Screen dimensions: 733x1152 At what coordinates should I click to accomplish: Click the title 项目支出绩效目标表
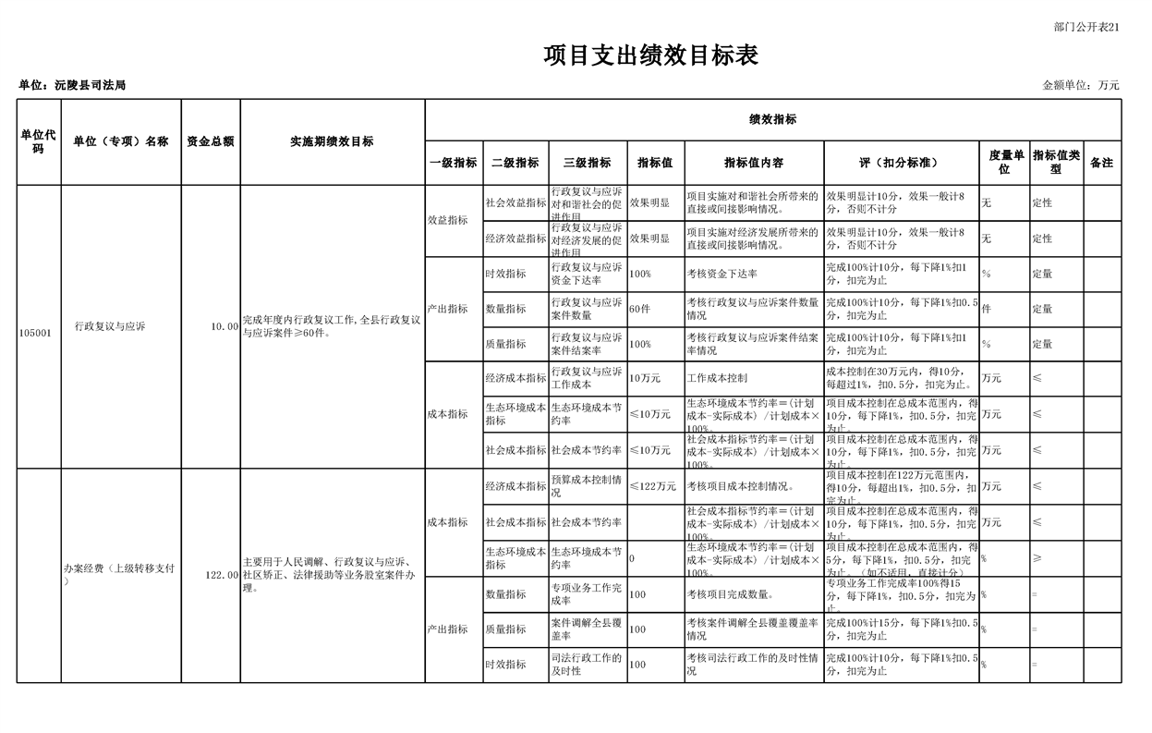point(651,56)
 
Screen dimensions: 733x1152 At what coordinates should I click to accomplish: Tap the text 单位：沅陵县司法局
point(72,85)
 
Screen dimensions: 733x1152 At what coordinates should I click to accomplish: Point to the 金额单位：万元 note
point(1081,85)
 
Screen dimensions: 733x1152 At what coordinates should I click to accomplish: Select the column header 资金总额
point(210,141)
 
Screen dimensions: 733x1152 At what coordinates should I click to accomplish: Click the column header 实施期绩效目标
point(332,141)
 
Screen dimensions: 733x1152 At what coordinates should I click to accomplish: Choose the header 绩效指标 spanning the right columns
point(772,119)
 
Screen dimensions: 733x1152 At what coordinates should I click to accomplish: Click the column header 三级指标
point(588,163)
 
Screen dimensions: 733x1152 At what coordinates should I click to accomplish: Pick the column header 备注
point(1101,163)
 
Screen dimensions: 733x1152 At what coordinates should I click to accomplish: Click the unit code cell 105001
point(36,327)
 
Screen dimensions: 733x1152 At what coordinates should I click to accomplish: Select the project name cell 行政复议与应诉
point(110,326)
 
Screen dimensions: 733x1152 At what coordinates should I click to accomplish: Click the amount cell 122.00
point(222,575)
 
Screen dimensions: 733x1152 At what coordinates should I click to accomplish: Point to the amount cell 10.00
point(224,326)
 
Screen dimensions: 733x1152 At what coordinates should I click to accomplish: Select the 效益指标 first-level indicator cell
point(447,221)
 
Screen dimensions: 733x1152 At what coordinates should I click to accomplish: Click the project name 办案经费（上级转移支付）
point(119,574)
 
